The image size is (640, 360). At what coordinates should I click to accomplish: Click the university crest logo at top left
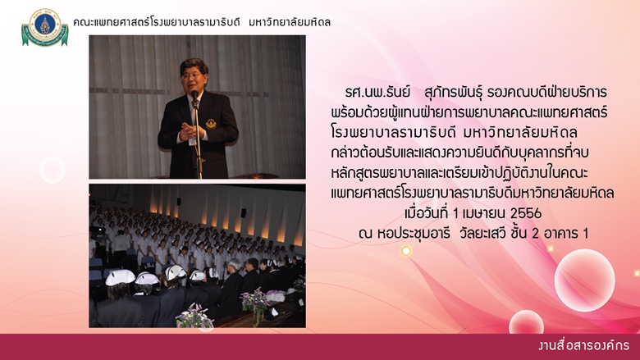[x=45, y=27]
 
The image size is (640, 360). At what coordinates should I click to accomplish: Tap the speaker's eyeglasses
[x=192, y=75]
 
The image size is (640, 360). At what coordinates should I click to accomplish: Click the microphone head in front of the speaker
[x=194, y=94]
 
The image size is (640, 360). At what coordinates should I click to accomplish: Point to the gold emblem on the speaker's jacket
[x=211, y=124]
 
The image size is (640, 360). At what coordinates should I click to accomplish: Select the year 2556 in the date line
[x=526, y=213]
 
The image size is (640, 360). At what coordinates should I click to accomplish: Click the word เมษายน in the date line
[x=484, y=213]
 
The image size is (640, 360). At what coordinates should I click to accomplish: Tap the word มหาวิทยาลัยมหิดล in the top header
[x=290, y=22]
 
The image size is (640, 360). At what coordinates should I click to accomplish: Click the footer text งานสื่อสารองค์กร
[x=583, y=346]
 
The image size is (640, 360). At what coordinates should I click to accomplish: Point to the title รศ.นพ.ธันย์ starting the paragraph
[x=377, y=92]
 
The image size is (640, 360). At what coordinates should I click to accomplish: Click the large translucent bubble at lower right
[x=584, y=280]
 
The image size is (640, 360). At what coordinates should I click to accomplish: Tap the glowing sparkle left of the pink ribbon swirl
[x=405, y=251]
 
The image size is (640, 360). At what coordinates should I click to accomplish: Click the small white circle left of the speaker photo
[x=53, y=170]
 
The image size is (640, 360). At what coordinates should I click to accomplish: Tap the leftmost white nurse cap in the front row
[x=120, y=277]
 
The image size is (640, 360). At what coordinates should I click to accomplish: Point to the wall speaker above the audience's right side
[x=243, y=213]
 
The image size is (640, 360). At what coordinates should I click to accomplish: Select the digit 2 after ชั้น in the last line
[x=536, y=234]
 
